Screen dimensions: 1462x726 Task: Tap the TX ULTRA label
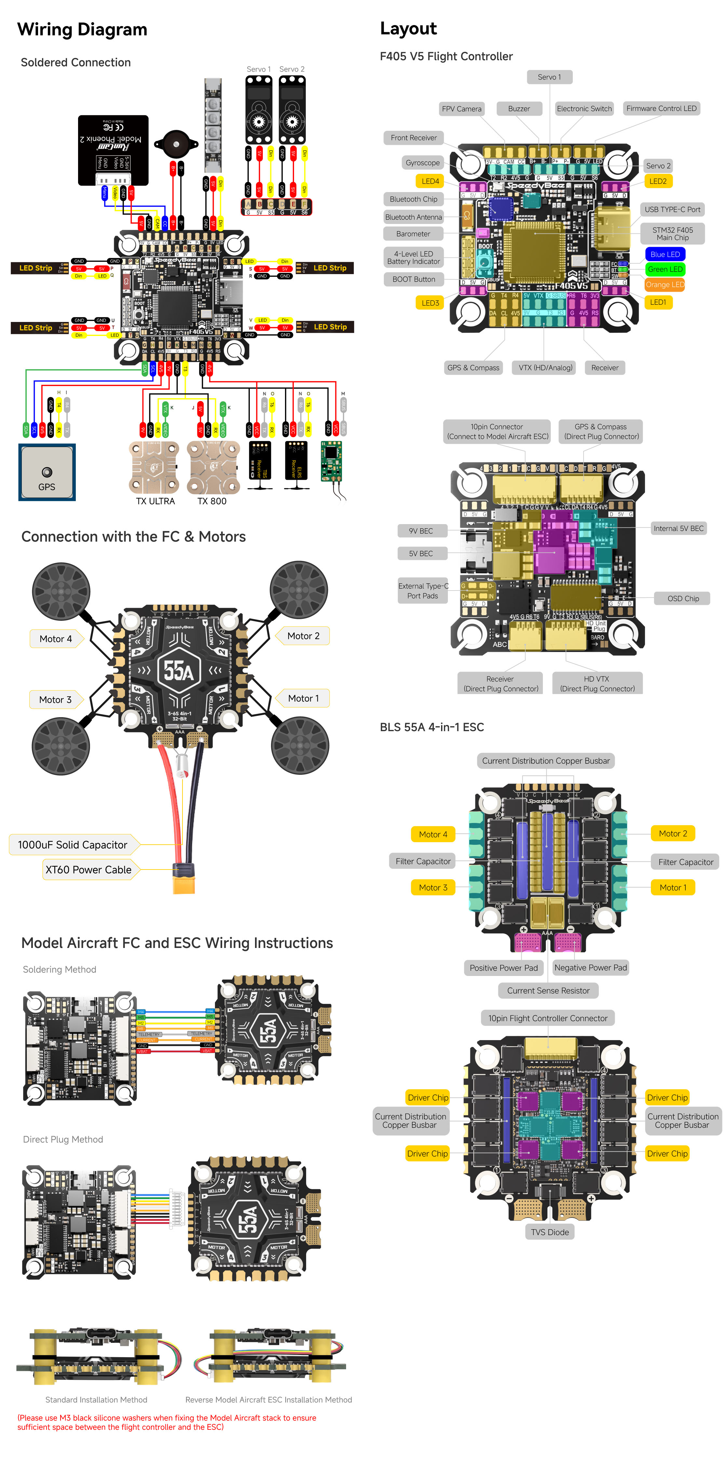tap(155, 501)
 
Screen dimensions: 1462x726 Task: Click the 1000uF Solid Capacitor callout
tap(73, 844)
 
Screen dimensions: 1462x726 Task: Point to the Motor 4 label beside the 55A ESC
tap(56, 638)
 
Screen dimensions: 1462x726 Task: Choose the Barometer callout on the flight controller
tap(413, 234)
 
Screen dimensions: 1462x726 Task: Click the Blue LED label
tap(665, 254)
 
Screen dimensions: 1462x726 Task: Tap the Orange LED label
tap(665, 284)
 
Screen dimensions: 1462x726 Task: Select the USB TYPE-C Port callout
tap(672, 209)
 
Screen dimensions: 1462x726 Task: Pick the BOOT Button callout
tap(413, 279)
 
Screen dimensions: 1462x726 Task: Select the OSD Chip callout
tap(683, 598)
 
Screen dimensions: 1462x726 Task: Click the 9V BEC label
tap(421, 531)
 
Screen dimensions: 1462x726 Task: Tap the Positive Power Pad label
tap(503, 968)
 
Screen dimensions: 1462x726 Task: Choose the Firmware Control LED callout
tap(661, 108)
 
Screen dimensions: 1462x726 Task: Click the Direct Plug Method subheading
tap(63, 1139)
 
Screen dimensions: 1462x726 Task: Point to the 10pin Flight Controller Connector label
tap(547, 1018)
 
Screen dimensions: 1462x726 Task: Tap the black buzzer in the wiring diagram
tap(176, 145)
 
